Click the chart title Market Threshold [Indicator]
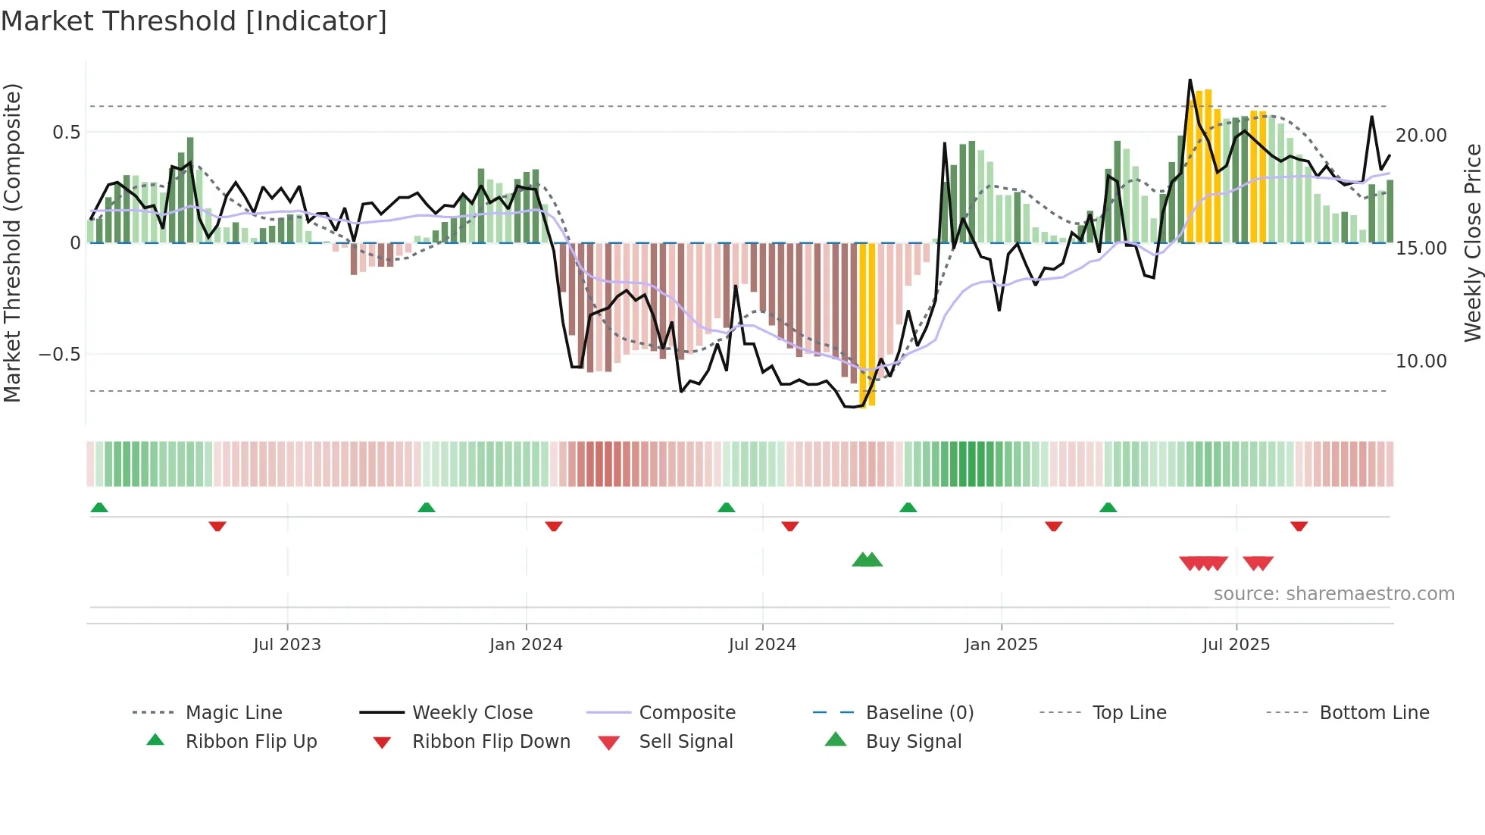coord(194,21)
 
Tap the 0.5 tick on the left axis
coord(67,133)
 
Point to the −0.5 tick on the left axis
coord(60,355)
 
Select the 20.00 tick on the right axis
coord(1421,136)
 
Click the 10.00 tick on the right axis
coord(1421,361)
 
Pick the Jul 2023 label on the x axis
coord(287,645)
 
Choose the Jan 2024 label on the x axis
coord(526,645)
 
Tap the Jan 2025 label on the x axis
coord(1001,645)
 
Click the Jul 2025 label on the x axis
coord(1236,645)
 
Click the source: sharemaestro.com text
coord(1333,594)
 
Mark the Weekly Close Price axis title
coord(1473,242)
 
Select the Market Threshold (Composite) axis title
coord(12,242)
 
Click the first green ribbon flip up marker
coord(99,508)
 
